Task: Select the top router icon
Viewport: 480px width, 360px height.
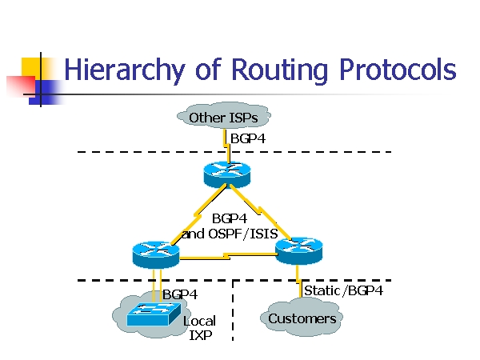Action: pos(227,172)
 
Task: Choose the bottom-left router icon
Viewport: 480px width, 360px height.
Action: pos(155,253)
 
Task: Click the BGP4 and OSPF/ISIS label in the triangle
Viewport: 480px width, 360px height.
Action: pos(228,226)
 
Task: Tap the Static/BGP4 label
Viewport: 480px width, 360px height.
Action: pos(343,290)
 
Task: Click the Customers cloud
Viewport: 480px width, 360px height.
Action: pos(302,318)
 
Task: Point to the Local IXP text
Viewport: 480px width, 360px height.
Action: pos(200,328)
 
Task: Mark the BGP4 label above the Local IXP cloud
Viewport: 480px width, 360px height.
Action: pos(180,294)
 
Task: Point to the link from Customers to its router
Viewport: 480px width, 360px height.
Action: pos(301,280)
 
